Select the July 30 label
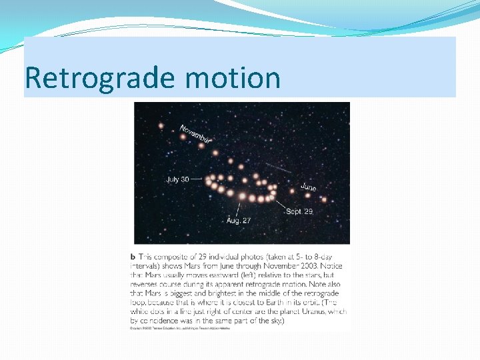tap(177, 179)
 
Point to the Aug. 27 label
tap(237, 220)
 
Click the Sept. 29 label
tap(299, 211)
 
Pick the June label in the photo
tap(308, 187)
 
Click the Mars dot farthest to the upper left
tap(161, 125)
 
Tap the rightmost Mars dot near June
tap(324, 199)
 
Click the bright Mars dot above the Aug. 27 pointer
tap(242, 196)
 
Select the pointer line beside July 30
tap(197, 179)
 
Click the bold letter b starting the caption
tap(133, 256)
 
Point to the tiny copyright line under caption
tap(179, 328)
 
